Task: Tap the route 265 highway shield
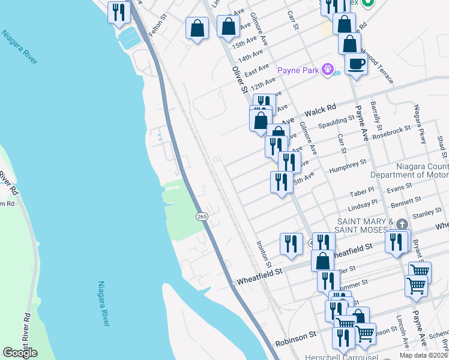click(202, 216)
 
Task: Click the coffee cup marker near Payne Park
click(356, 64)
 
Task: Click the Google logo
click(20, 352)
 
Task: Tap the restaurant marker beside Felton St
click(119, 11)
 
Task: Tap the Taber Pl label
click(363, 194)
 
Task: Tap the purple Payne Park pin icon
click(327, 70)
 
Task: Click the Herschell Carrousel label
click(343, 356)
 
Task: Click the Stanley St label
click(423, 213)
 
